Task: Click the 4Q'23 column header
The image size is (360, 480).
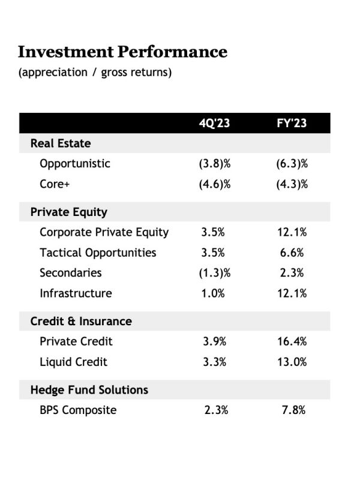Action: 214,123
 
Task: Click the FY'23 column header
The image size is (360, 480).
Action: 292,123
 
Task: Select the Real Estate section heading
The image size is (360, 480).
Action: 61,143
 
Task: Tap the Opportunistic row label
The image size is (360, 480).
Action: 75,164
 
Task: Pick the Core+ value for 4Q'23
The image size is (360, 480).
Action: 215,184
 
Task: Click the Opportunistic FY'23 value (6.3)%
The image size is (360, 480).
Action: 292,164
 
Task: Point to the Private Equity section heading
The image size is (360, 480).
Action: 69,212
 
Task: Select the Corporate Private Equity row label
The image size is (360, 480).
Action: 104,232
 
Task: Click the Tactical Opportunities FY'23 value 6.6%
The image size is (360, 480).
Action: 292,253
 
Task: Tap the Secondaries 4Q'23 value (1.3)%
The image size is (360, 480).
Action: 215,273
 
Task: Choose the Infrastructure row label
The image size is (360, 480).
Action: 76,293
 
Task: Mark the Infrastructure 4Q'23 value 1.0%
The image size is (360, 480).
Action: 213,293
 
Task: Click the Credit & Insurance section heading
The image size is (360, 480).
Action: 81,321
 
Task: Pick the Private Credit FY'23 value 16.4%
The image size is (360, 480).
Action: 292,341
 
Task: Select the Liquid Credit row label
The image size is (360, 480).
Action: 73,362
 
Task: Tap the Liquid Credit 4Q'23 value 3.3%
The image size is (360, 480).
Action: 215,362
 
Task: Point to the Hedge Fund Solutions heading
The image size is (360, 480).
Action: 89,389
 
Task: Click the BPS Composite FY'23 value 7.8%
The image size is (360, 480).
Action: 293,410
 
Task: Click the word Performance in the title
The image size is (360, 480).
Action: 173,52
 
